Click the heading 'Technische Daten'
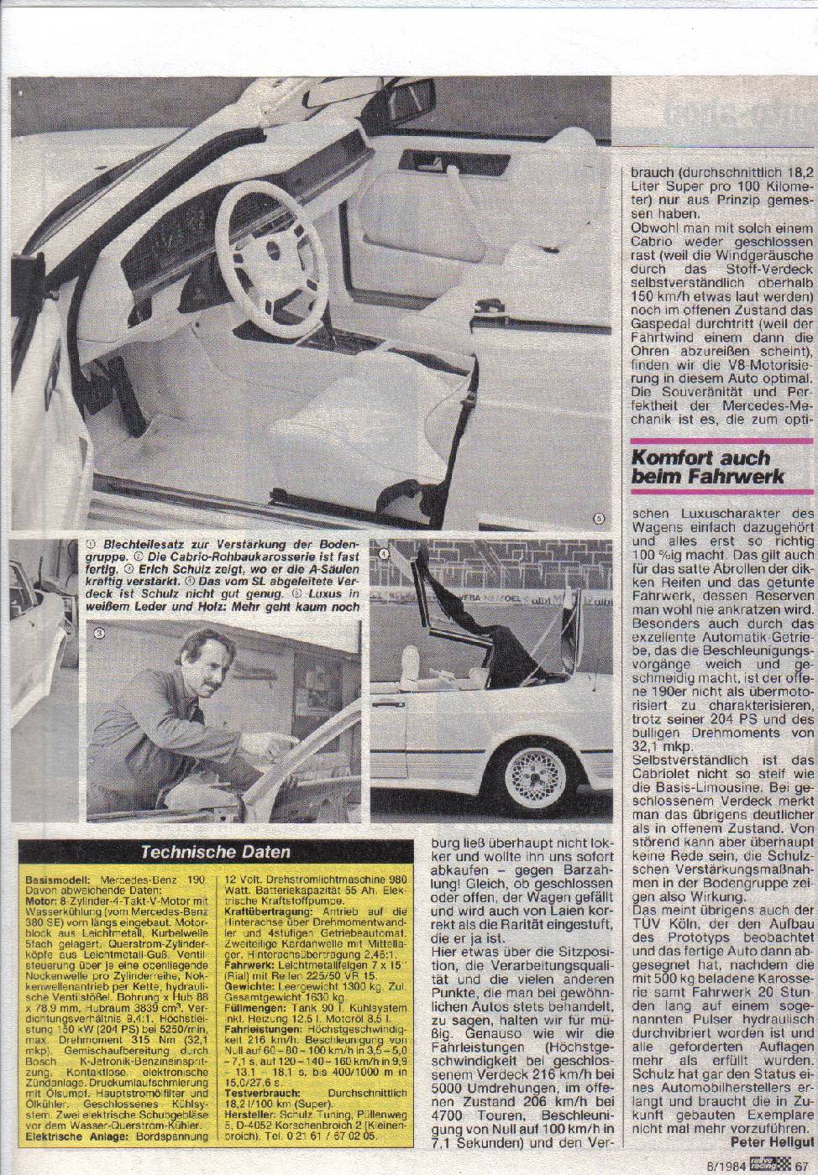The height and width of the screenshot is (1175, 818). pyautogui.click(x=215, y=850)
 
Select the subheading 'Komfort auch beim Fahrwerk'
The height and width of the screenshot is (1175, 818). pyautogui.click(x=706, y=467)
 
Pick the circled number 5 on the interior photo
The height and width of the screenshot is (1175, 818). pyautogui.click(x=597, y=518)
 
